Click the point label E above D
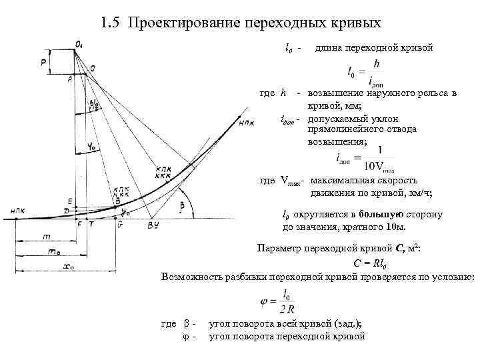coord(69,200)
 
